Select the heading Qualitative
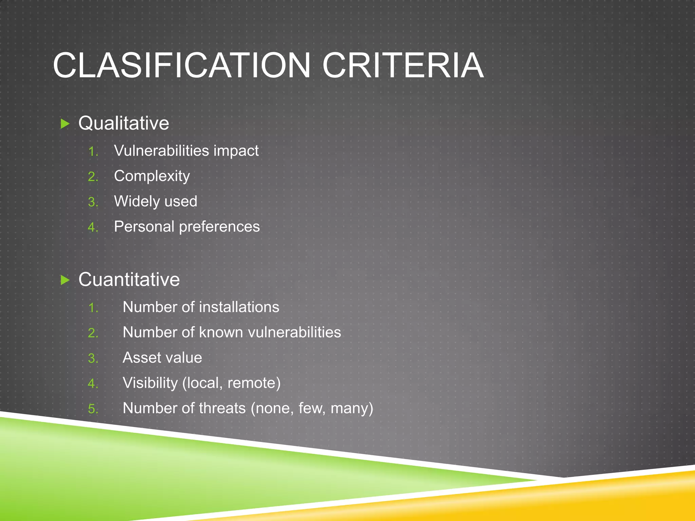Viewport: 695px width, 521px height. coord(124,123)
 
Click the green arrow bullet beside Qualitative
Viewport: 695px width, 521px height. coord(65,123)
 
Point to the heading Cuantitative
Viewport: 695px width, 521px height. coord(129,279)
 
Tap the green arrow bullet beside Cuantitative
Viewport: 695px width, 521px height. coord(65,280)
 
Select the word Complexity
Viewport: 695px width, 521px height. coord(152,176)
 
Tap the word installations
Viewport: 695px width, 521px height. coord(239,307)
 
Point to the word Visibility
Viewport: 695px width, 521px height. coord(150,383)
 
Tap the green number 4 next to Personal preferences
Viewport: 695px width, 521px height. coord(92,227)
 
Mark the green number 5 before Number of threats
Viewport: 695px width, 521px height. coord(92,409)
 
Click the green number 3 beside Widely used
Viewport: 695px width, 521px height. coord(92,202)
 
